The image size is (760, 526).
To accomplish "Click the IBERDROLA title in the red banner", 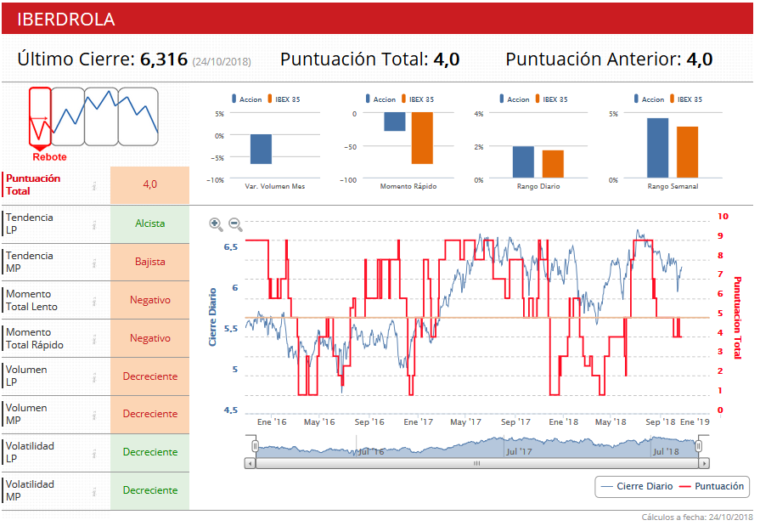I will [x=66, y=20].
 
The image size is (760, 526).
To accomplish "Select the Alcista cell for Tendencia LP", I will [x=149, y=224].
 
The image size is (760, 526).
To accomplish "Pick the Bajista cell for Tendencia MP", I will [x=149, y=262].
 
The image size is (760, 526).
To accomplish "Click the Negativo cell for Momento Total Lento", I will [x=149, y=300].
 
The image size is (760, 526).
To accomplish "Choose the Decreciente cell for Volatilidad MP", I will [x=149, y=490].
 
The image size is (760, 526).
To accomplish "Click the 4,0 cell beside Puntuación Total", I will [x=149, y=184].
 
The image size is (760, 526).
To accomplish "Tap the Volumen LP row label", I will [x=26, y=376].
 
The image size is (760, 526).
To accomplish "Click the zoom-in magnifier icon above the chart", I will [x=216, y=224].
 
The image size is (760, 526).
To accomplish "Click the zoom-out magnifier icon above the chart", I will [x=235, y=224].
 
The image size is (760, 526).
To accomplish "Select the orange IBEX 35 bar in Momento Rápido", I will [x=422, y=138].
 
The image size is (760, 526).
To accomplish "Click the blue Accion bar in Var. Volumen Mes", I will [x=261, y=149].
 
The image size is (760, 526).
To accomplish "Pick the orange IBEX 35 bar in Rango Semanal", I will [x=687, y=152].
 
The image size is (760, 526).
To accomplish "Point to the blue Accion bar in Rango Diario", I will [x=523, y=162].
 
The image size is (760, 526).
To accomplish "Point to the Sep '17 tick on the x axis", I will [x=515, y=421].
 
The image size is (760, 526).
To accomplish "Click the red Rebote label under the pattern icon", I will [x=49, y=157].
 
